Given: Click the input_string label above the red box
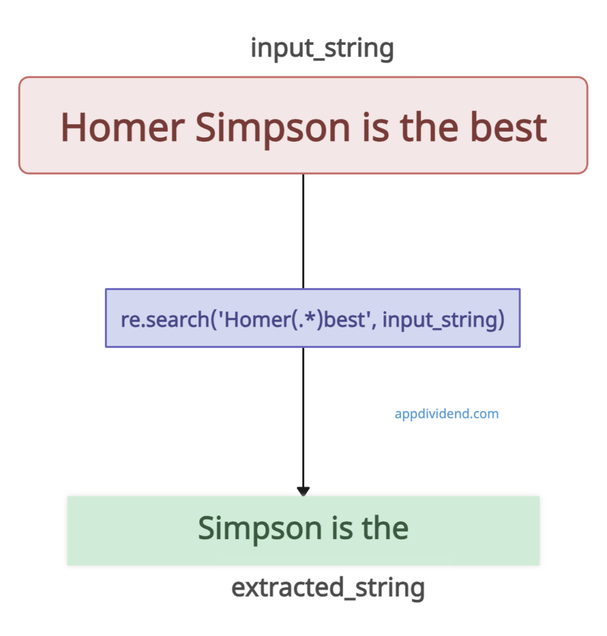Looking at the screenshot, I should [x=322, y=48].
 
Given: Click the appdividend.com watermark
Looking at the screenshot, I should [x=446, y=414].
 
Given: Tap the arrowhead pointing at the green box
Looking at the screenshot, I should [x=303, y=491].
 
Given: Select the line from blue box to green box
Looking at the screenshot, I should [x=303, y=416].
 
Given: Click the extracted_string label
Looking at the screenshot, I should [x=328, y=588].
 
